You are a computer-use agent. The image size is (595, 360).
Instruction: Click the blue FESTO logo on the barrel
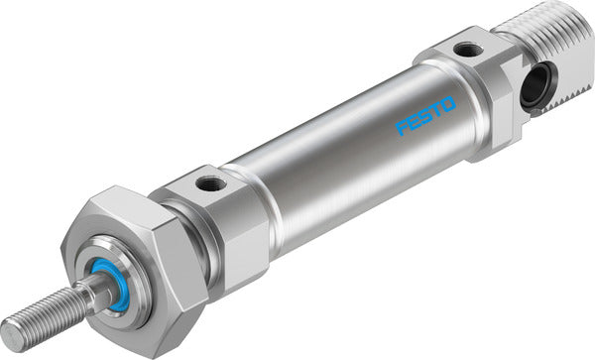427,115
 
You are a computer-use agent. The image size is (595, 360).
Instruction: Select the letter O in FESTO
450,101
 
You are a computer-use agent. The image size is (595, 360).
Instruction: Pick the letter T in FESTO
438,108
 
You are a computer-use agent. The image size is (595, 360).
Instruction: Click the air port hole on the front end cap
208,183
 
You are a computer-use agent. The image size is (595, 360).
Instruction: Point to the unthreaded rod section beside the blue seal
95,294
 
